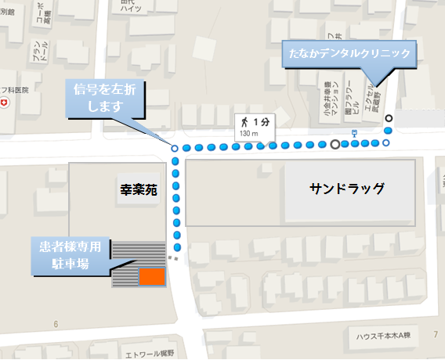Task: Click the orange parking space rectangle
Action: [x=151, y=275]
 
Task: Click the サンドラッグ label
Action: [x=347, y=189]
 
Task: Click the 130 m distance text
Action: [x=248, y=134]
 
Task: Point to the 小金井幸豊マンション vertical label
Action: [x=327, y=95]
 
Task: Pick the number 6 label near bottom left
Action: [x=56, y=324]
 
